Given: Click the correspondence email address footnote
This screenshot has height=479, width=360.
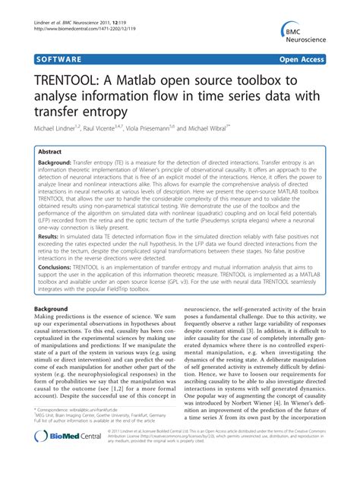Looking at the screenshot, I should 76,429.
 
